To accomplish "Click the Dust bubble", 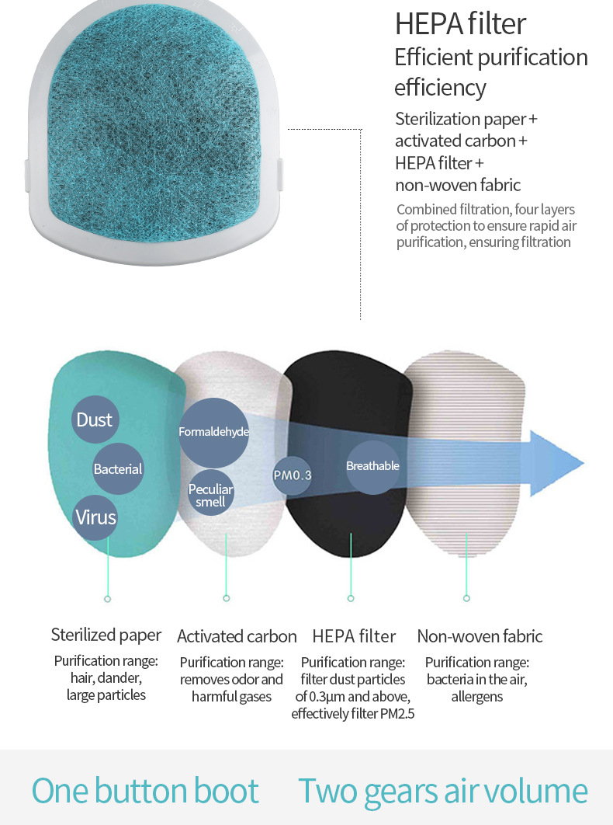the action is (x=95, y=419).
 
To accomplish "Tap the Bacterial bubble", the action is (x=118, y=468).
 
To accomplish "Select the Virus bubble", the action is (x=95, y=517).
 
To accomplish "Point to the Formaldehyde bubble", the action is (x=213, y=433).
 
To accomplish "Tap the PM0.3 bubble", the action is (x=293, y=475).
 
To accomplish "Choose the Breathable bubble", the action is (x=372, y=467).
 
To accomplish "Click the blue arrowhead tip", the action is (x=584, y=463).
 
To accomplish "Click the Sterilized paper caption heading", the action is (x=106, y=635).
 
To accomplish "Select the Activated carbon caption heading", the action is (x=237, y=636).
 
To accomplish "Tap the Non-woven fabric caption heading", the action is (x=480, y=636).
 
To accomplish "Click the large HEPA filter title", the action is (x=460, y=23).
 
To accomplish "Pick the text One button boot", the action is (x=145, y=790).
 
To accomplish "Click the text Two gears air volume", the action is (x=442, y=791).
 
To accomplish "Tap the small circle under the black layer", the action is (x=351, y=598).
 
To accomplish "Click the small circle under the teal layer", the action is (x=107, y=599).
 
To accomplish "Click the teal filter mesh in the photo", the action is (x=154, y=124).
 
